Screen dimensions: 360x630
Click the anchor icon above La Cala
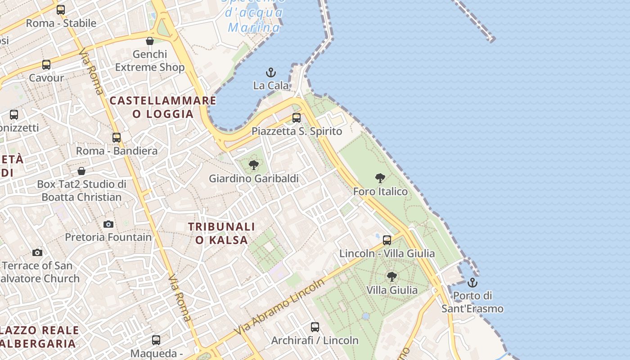click(x=271, y=72)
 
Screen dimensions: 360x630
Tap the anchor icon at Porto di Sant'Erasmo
click(x=472, y=283)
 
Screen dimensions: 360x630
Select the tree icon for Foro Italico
click(x=380, y=178)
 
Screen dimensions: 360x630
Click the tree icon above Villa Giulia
click(x=392, y=276)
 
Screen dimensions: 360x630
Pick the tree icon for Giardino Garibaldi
click(x=254, y=165)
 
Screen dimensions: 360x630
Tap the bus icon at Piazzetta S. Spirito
click(x=297, y=118)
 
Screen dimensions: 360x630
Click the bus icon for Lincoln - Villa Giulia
click(x=387, y=240)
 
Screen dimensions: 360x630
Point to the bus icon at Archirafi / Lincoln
click(x=315, y=327)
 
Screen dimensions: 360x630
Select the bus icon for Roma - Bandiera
click(x=117, y=137)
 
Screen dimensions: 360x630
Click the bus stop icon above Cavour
click(x=46, y=64)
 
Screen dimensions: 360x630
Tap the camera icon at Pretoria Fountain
click(x=108, y=224)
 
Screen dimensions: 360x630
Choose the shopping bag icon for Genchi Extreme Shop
click(x=150, y=41)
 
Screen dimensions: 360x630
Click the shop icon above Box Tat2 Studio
click(x=81, y=171)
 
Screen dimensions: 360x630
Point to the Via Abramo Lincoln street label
click(x=279, y=307)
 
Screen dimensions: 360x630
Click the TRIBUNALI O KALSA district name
click(x=221, y=233)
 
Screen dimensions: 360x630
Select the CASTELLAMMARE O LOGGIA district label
click(x=163, y=107)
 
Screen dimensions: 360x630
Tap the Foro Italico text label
click(x=380, y=191)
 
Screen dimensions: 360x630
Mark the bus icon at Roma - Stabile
click(x=61, y=9)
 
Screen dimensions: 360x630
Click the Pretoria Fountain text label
click(x=108, y=237)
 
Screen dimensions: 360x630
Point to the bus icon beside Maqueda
click(x=156, y=340)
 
